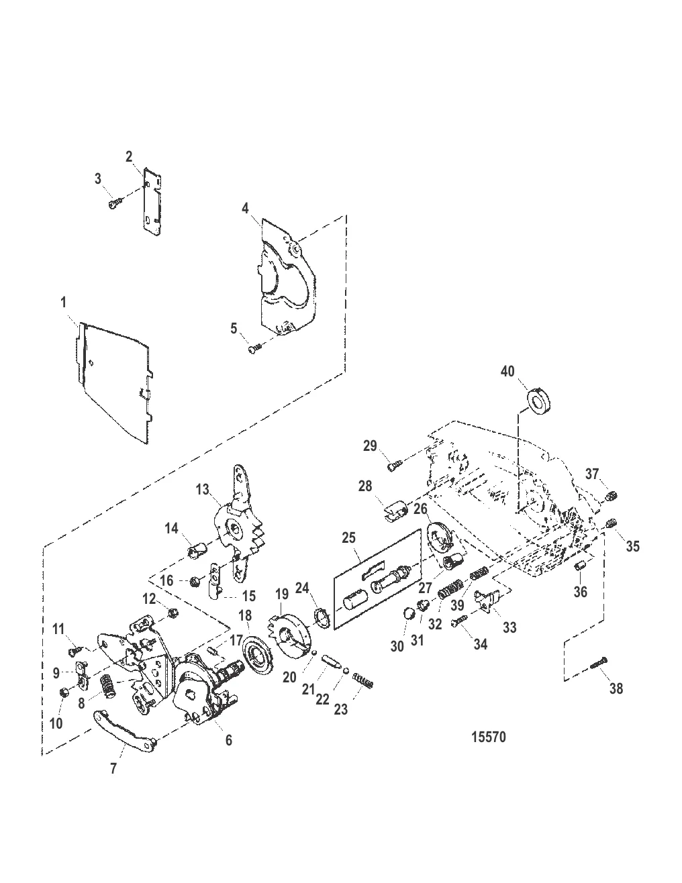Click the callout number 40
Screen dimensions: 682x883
coord(507,371)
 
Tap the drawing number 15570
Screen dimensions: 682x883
coord(489,737)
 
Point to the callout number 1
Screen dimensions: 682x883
coord(63,303)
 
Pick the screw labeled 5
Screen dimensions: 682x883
coord(255,348)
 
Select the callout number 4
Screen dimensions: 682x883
coord(245,209)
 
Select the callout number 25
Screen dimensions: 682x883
coord(349,537)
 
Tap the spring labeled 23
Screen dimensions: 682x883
coord(362,680)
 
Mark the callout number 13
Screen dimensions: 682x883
coord(202,489)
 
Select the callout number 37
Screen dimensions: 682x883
coord(592,474)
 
